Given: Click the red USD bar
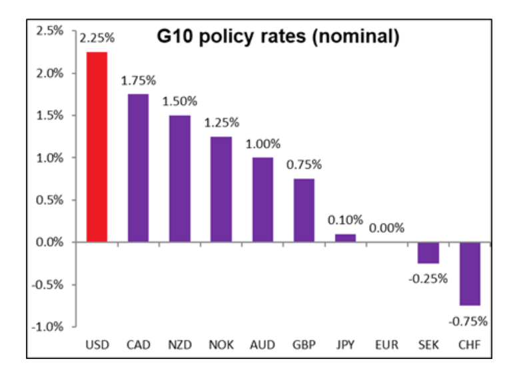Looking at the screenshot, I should point(97,147).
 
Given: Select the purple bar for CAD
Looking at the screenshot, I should point(138,168).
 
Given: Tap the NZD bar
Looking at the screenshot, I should point(179,179).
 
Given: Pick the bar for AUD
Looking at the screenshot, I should point(263,200).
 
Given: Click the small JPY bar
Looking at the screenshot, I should point(345,238).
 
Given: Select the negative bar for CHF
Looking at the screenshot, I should point(470,274).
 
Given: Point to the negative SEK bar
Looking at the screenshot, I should point(428,253).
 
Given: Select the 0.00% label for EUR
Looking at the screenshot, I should point(386,228).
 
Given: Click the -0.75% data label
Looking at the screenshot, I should point(470,321).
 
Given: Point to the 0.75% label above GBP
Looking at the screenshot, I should point(304,165).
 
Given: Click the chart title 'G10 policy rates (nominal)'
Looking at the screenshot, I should point(278,37).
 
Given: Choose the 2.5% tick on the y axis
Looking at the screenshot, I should point(50,31).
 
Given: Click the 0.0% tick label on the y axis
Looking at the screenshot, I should point(50,242).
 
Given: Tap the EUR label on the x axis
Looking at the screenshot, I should point(386,345).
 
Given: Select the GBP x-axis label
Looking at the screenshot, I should point(304,345).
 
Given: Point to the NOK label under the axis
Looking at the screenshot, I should point(221,345).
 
